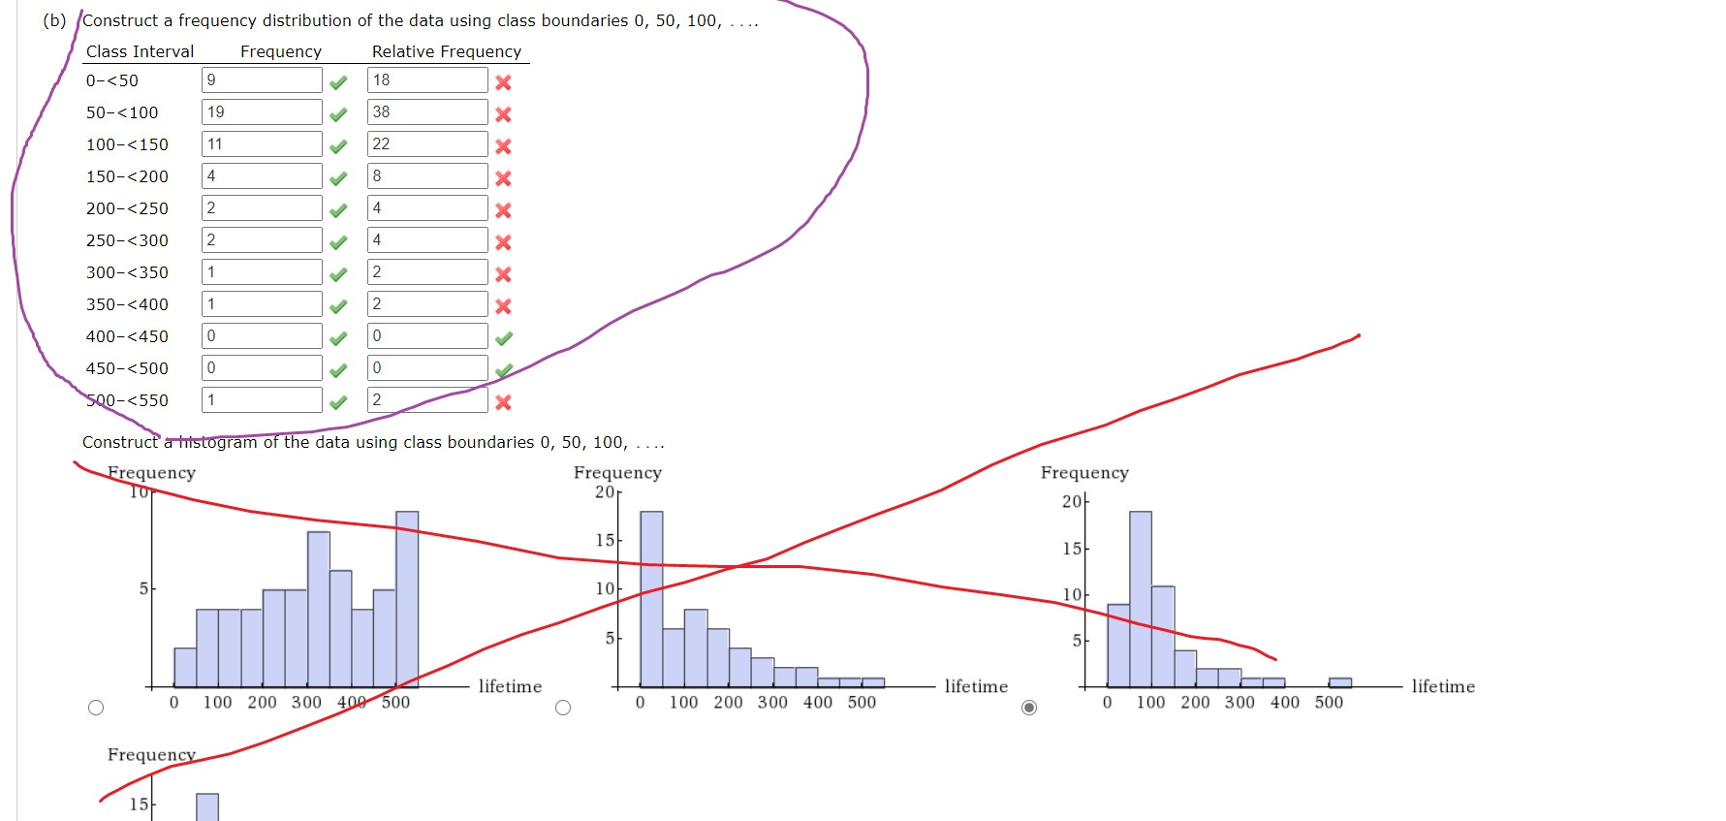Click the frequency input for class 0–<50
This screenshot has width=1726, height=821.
click(262, 80)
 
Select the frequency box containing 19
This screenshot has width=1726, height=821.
click(262, 112)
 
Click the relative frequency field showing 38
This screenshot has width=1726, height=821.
click(427, 112)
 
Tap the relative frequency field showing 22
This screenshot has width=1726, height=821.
click(427, 144)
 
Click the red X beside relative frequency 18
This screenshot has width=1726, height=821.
click(503, 82)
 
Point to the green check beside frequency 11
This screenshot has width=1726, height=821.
click(338, 146)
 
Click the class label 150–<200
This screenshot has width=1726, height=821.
click(127, 176)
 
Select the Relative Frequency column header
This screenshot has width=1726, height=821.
click(446, 51)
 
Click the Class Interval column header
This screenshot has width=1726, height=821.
click(140, 51)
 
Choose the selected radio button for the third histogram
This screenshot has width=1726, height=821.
click(1029, 708)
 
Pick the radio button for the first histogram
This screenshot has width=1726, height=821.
click(96, 708)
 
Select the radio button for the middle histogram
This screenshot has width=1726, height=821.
click(563, 708)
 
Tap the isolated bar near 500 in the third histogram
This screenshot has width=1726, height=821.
click(1339, 682)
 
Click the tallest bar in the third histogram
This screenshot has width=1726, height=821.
click(1141, 599)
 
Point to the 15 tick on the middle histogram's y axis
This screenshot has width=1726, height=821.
click(605, 540)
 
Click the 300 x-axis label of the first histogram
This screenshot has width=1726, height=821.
click(306, 702)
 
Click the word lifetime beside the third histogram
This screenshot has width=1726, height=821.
click(1443, 686)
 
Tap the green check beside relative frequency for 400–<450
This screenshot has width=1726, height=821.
click(504, 338)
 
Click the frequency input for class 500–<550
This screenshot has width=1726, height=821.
click(262, 400)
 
